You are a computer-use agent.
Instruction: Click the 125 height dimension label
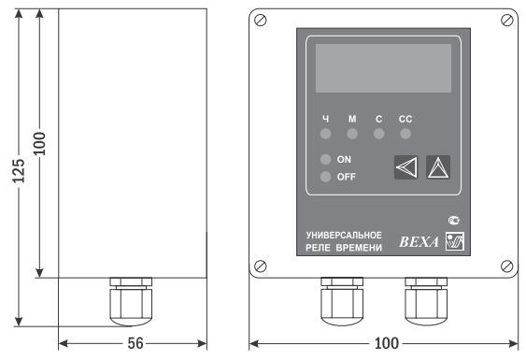pos(19,170)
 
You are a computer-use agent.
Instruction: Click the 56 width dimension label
pos(135,343)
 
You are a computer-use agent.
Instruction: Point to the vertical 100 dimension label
pos(39,144)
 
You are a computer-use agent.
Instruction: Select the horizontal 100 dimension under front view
pos(387,343)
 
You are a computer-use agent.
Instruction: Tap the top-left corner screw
pos(261,21)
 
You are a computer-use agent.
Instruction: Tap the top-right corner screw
pos(506,21)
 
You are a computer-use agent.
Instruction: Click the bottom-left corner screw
pos(261,266)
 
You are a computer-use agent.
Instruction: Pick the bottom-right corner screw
pos(506,266)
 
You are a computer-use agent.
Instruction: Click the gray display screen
pos(383,68)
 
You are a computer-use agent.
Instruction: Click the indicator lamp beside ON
pos(325,159)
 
